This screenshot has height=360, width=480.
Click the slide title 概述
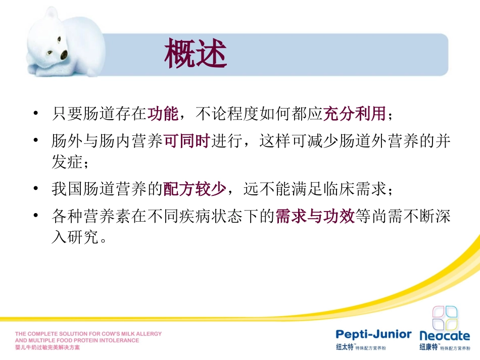coord(196,55)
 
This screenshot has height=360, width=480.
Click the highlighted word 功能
coord(163,114)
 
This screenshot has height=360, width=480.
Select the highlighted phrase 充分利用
coord(354,114)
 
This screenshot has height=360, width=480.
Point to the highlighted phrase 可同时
coord(187,141)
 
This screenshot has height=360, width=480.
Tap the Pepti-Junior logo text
coord(374,335)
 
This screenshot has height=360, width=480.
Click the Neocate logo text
coord(445,335)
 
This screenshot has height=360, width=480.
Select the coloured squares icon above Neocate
coord(445,318)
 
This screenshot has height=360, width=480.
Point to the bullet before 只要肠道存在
coord(35,114)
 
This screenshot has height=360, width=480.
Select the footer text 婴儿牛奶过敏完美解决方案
coord(47,348)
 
